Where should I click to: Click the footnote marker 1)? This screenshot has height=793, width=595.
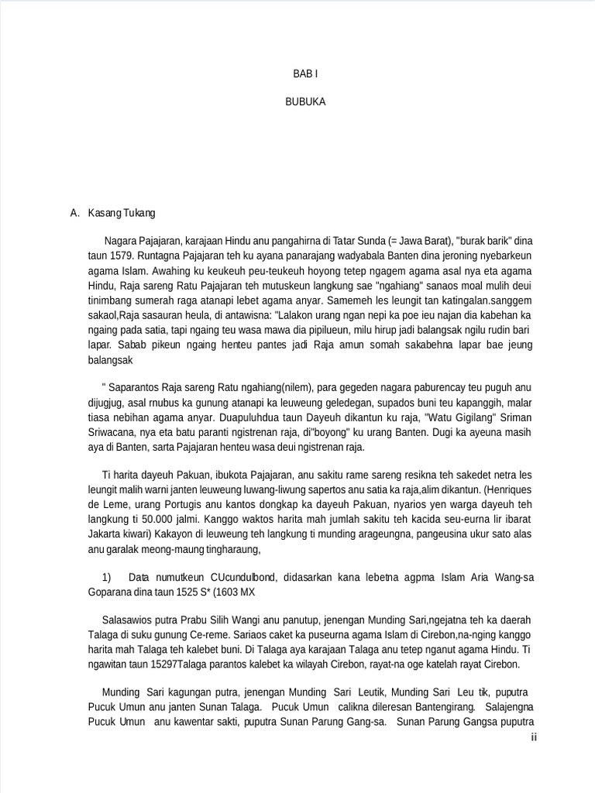click(x=107, y=577)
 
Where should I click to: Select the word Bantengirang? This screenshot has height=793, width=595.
click(x=438, y=708)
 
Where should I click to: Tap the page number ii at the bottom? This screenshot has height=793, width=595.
click(x=534, y=736)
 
